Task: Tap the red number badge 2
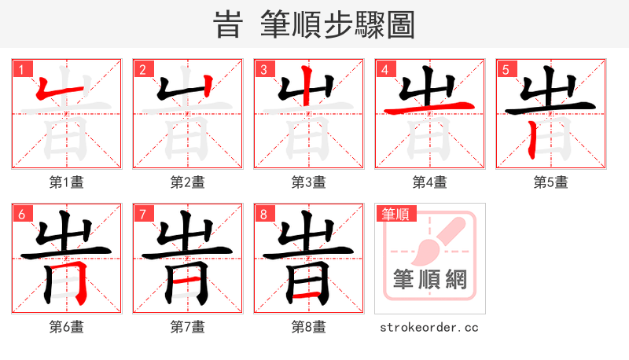coord(142,69)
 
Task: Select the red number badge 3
coord(263,69)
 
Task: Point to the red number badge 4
coord(384,69)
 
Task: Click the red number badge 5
coord(506,69)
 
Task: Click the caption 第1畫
coord(66,182)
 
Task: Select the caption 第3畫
coord(308,182)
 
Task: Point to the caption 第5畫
coord(550,182)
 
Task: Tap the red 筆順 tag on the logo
coord(395,213)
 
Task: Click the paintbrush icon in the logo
coord(437,240)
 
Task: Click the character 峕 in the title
coord(228,24)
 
